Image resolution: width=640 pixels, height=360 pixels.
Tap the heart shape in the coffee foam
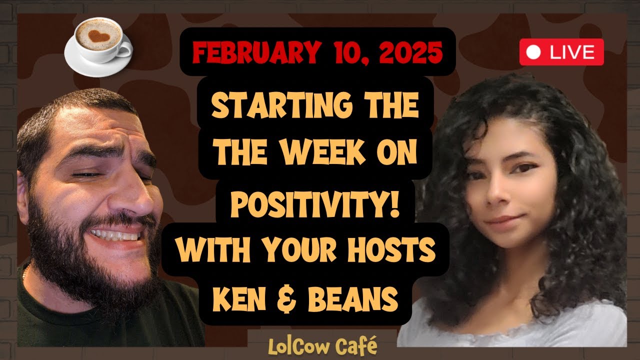click(x=98, y=35)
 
